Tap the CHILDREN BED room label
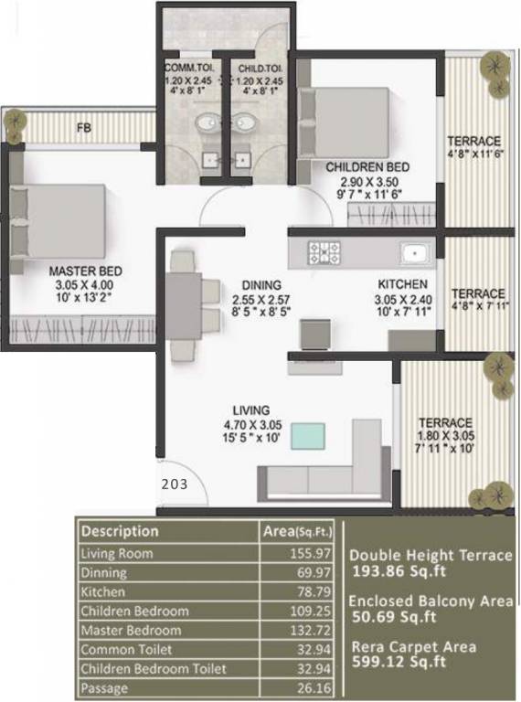pyautogui.click(x=367, y=167)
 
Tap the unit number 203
pyautogui.click(x=174, y=485)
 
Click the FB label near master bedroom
pyautogui.click(x=84, y=127)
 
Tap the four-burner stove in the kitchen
pyautogui.click(x=324, y=252)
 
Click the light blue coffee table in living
pyautogui.click(x=313, y=436)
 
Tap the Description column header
pyautogui.click(x=120, y=531)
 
